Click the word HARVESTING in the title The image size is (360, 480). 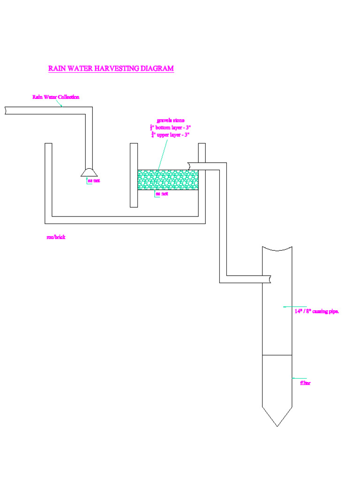[x=116, y=68]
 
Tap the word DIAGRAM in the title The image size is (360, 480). [x=157, y=68]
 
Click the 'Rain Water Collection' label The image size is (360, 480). [x=56, y=97]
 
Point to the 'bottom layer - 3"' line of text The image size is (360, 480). [x=171, y=127]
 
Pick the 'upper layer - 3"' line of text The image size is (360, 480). [x=172, y=135]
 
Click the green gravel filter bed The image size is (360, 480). [x=167, y=180]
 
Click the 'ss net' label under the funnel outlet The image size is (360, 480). [x=94, y=181]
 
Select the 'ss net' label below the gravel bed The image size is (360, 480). [x=162, y=194]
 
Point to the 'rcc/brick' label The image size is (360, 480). [x=56, y=237]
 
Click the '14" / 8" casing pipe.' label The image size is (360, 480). [x=316, y=311]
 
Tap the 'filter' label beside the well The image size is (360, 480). [x=305, y=383]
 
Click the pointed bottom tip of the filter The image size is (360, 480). [x=277, y=425]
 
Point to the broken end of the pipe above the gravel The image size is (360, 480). [x=189, y=166]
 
